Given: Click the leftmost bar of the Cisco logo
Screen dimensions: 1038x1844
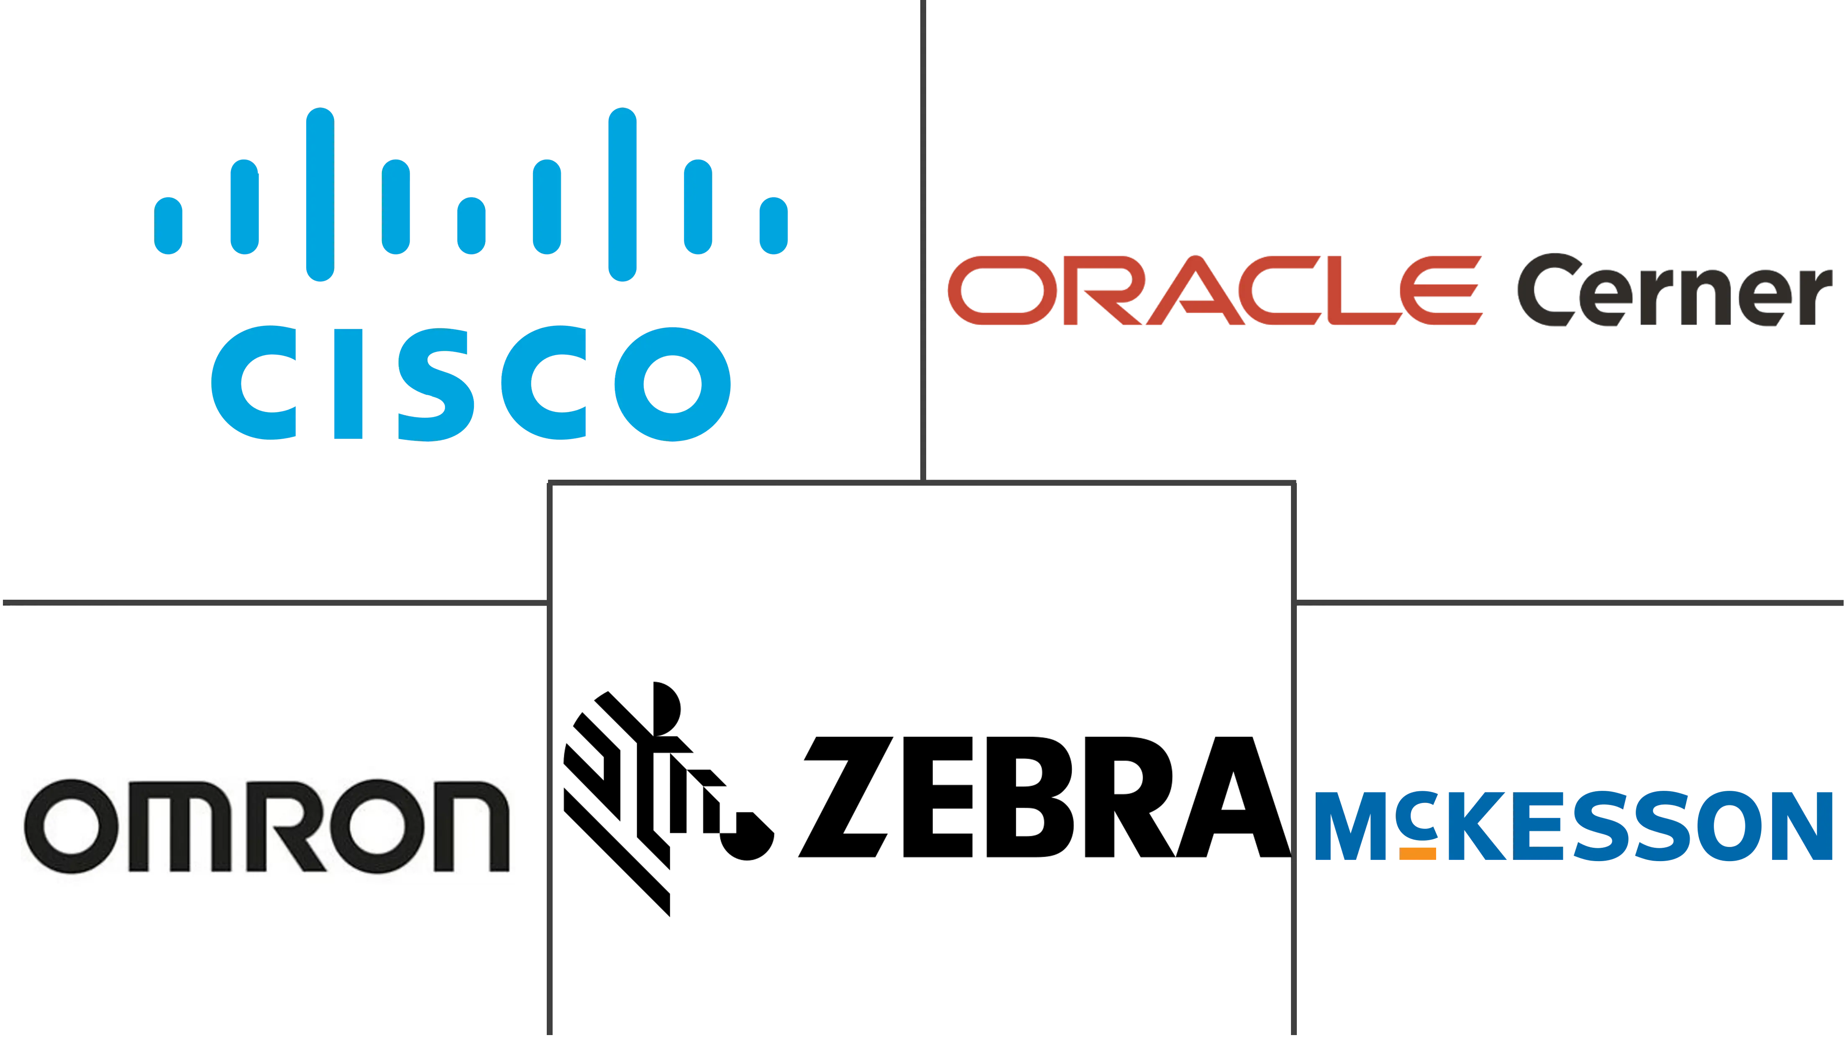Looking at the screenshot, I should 169,224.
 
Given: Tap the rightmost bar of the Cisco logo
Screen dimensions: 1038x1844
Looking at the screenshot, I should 774,224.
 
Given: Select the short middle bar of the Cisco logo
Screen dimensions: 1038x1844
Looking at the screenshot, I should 472,224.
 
